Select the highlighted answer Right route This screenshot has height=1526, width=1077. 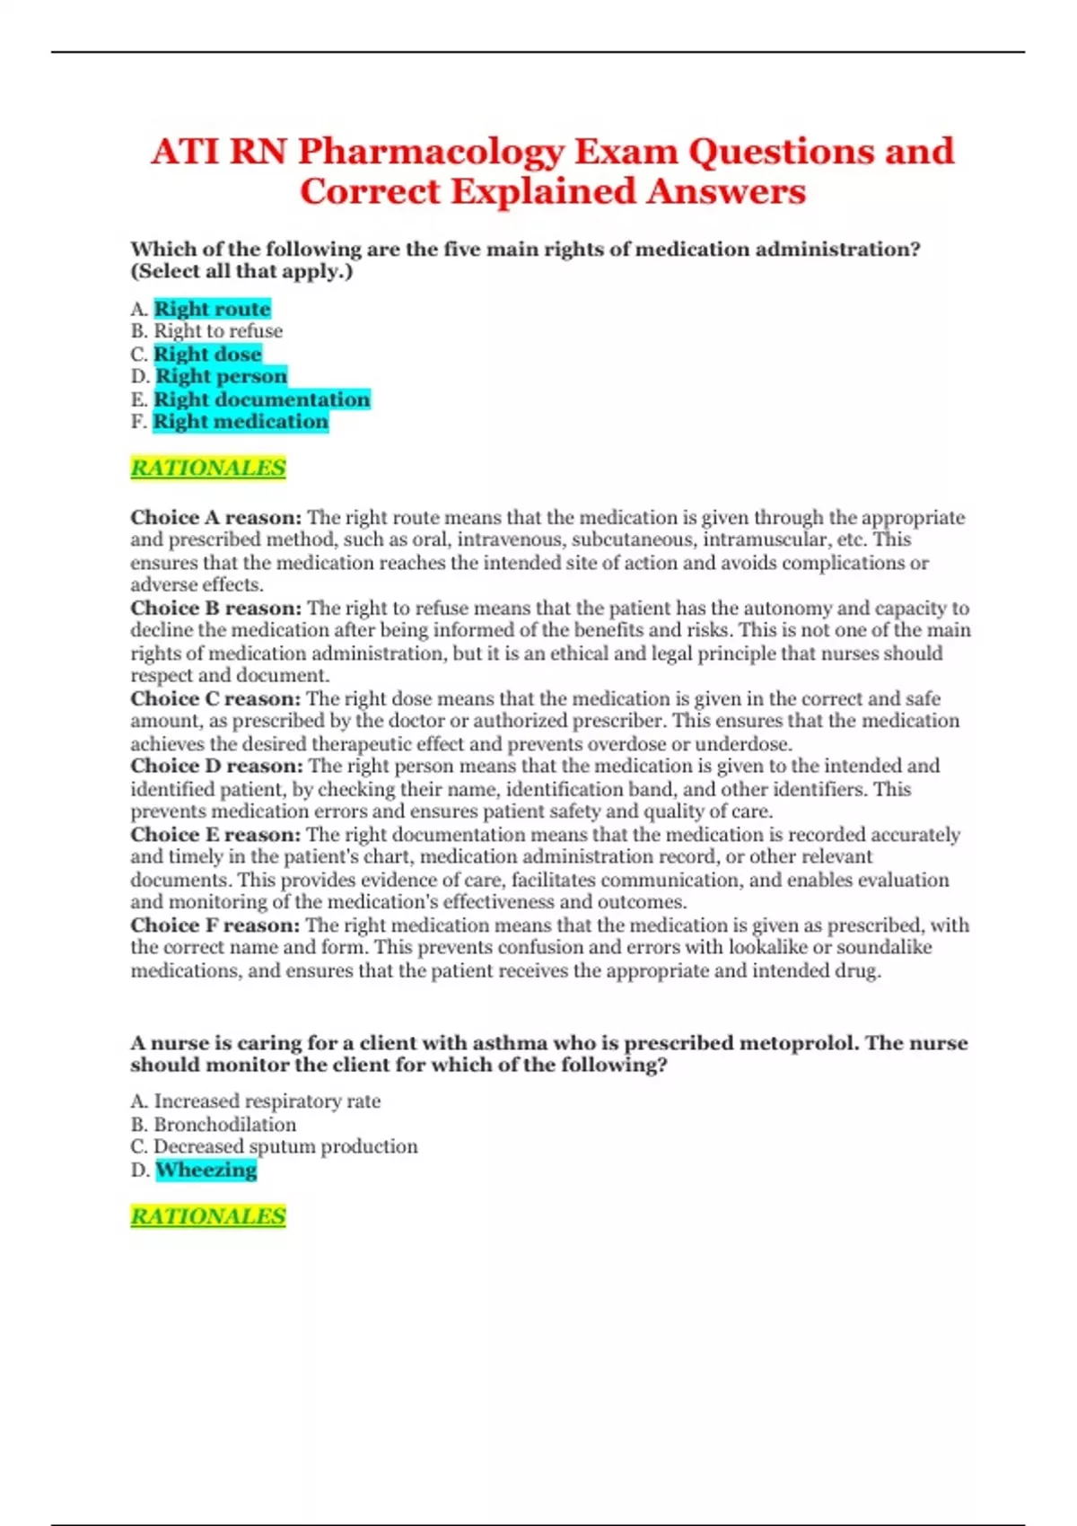pyautogui.click(x=212, y=309)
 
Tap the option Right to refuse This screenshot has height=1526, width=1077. pyautogui.click(x=218, y=331)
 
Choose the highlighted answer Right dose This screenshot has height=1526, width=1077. pyautogui.click(x=207, y=354)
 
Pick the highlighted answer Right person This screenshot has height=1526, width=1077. pyautogui.click(x=221, y=376)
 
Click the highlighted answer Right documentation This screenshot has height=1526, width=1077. pyautogui.click(x=261, y=399)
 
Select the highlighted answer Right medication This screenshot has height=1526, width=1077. pyautogui.click(x=241, y=422)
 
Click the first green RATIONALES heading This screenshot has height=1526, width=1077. pyautogui.click(x=208, y=468)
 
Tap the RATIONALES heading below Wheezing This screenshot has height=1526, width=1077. pyautogui.click(x=208, y=1216)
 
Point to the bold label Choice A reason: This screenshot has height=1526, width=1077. pyautogui.click(x=216, y=517)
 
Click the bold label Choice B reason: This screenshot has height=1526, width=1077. pyautogui.click(x=216, y=608)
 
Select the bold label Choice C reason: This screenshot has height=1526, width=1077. pyautogui.click(x=215, y=698)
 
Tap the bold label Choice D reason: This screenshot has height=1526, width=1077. pyautogui.click(x=216, y=766)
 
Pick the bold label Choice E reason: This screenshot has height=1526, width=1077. pyautogui.click(x=215, y=835)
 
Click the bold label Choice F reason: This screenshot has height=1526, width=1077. pyautogui.click(x=215, y=925)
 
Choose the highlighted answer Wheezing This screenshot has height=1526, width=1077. pyautogui.click(x=206, y=1170)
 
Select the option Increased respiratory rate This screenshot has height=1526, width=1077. pyautogui.click(x=267, y=1101)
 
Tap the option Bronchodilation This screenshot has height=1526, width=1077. pyautogui.click(x=224, y=1125)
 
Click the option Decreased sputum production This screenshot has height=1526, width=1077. pyautogui.click(x=285, y=1146)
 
